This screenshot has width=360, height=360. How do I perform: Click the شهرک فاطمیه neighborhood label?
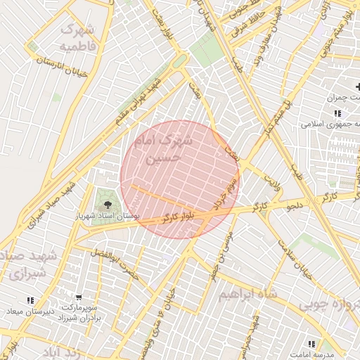[77, 38]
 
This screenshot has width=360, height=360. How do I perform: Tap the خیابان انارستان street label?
[64, 64]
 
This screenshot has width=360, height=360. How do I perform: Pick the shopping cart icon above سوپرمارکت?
[78, 297]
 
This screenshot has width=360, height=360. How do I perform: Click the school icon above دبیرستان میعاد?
[30, 300]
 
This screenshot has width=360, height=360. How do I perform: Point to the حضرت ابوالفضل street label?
[115, 261]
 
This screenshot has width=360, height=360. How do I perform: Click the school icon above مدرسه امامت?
[311, 343]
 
